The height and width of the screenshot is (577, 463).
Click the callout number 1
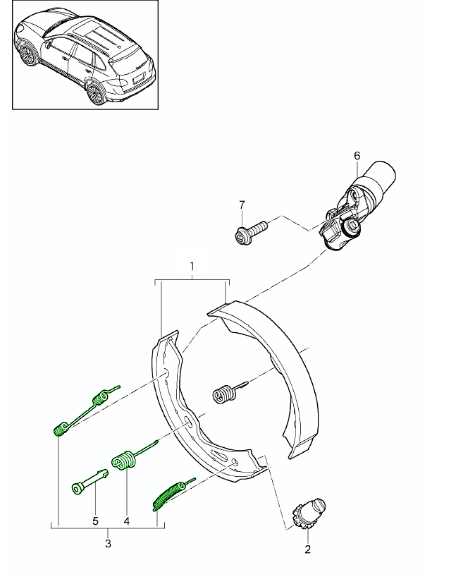click(192, 266)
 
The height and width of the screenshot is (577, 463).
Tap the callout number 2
click(307, 548)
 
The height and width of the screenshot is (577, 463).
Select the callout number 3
click(107, 544)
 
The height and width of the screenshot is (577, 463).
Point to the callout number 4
click(126, 522)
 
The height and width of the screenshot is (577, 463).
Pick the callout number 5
click(96, 522)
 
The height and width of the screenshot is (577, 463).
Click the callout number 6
click(357, 155)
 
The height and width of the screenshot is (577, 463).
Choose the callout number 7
click(242, 205)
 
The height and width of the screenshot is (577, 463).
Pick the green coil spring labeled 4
click(125, 460)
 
